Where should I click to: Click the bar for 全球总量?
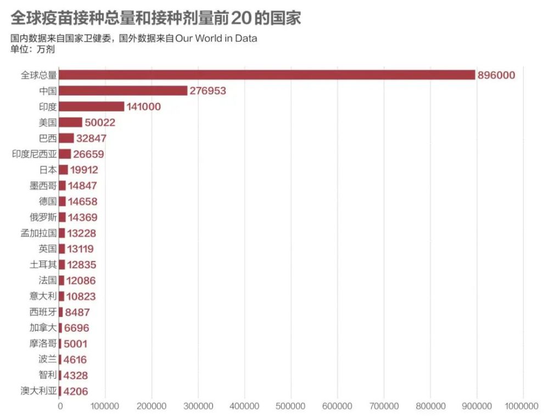point(267,75)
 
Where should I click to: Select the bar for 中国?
point(123,91)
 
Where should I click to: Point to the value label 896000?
point(497,75)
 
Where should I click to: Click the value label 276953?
point(208,91)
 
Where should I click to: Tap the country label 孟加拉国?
point(38,233)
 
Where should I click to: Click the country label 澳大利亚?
point(38,391)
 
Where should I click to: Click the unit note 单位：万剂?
point(32,49)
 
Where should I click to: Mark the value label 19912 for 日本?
point(84,170)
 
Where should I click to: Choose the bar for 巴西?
point(66,138)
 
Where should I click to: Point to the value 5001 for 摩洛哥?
point(75,344)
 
